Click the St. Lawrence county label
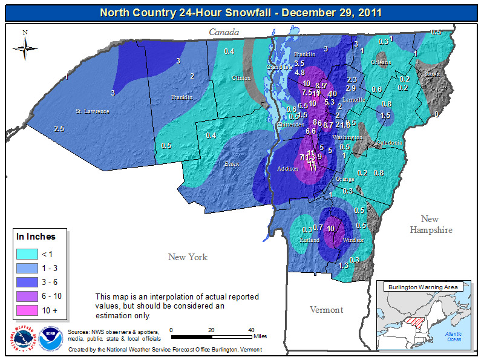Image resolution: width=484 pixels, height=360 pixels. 92,111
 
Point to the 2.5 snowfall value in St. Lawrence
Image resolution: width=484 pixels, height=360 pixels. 59,129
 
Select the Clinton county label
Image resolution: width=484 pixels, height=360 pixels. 241,79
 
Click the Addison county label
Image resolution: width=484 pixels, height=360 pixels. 287,169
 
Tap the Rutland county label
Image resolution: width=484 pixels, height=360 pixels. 309,240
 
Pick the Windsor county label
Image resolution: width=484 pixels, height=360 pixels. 353,240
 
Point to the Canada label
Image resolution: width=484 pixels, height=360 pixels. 224,32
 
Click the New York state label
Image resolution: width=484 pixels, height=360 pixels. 188,257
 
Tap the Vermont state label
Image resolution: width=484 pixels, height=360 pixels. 326,310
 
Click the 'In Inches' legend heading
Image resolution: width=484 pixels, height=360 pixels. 36,237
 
